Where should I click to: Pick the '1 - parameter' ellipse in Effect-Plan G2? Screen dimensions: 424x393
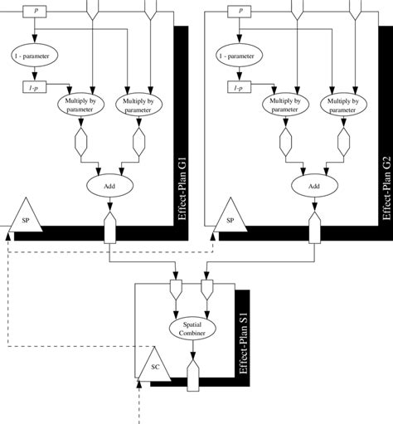coord(240,56)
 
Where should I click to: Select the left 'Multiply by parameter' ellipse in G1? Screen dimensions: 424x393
coord(80,105)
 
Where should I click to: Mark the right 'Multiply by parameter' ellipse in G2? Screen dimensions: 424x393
coord(342,105)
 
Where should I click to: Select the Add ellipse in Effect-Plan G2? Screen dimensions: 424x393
coord(314,187)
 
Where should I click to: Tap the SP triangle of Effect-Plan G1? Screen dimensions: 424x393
coord(25,218)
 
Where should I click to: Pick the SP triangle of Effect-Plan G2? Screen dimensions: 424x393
coord(230,218)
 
